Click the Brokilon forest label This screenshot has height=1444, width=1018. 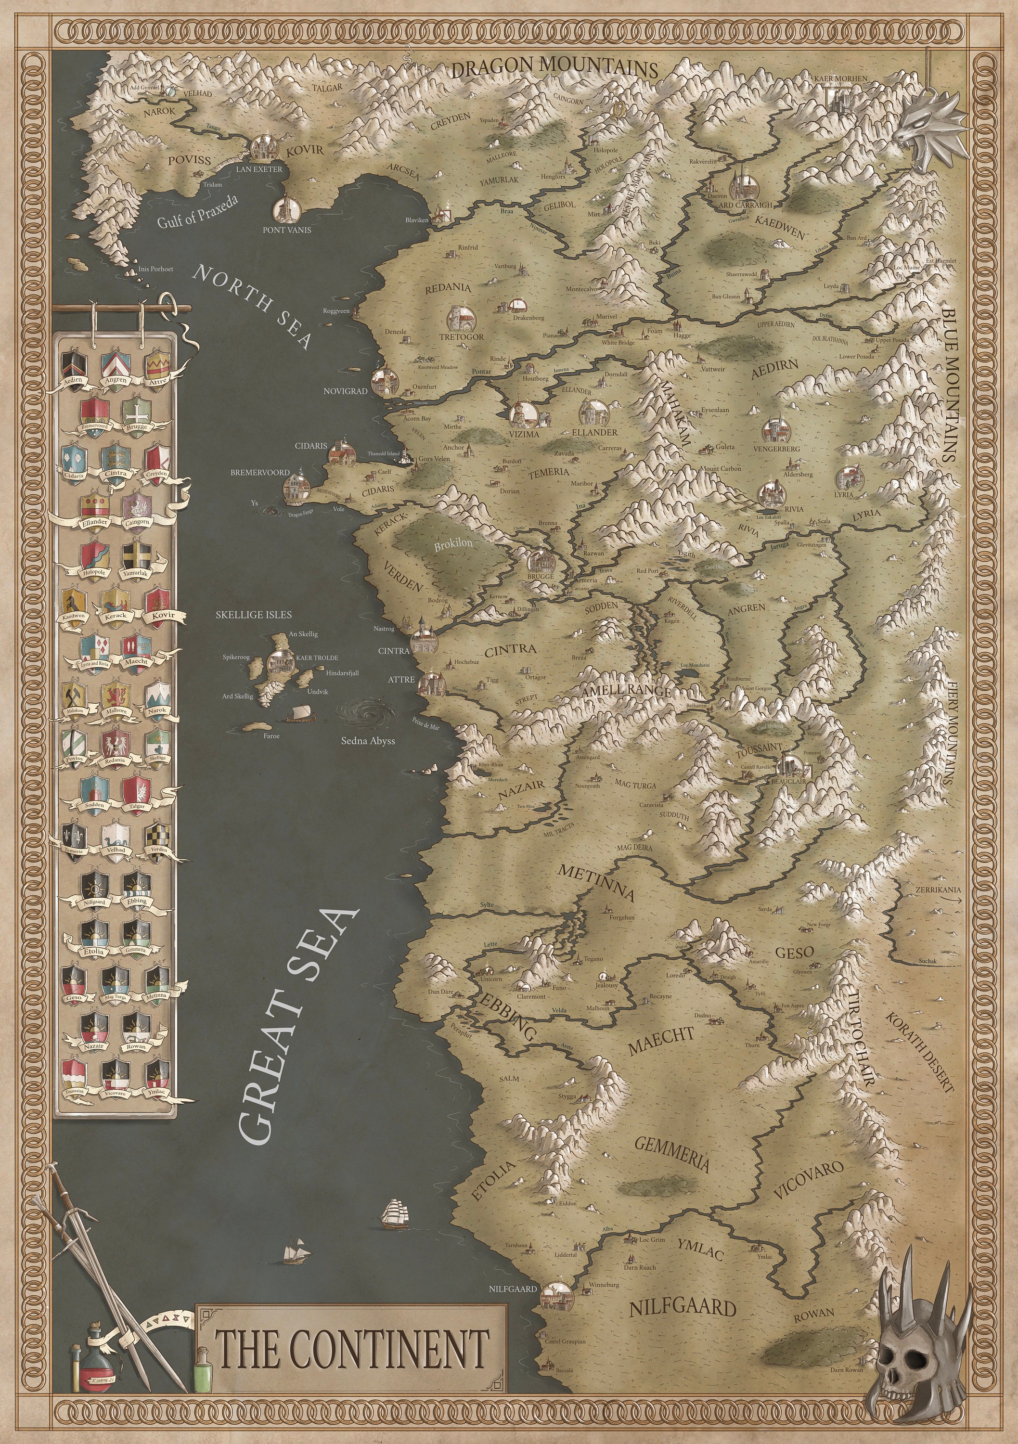pyautogui.click(x=453, y=545)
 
